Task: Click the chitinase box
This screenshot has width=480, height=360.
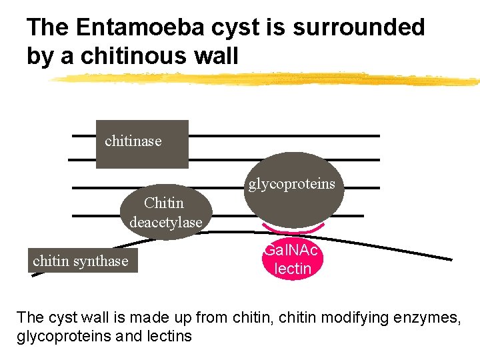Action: tap(142, 144)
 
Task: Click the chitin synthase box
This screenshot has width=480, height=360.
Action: tap(80, 261)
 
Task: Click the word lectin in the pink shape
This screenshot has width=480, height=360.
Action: tap(293, 269)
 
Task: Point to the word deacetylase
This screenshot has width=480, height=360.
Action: tap(166, 222)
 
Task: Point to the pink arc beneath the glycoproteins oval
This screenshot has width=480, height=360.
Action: tap(293, 231)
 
